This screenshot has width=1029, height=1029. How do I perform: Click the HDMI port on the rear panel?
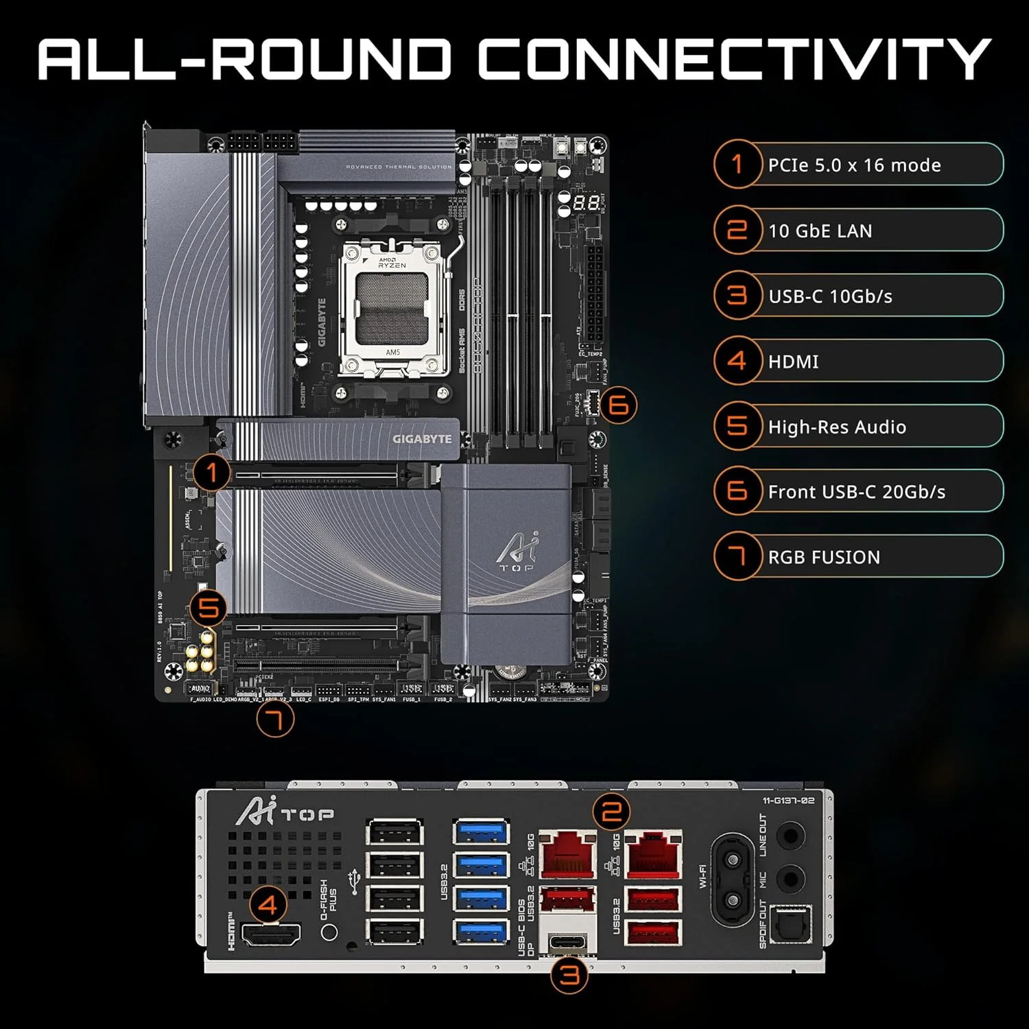(x=272, y=934)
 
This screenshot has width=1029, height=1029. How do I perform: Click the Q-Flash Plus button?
(x=329, y=932)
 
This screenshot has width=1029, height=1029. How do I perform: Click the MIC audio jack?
(x=790, y=877)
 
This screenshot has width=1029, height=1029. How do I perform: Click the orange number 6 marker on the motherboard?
(x=618, y=405)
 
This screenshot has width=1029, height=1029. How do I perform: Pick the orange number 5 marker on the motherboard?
(x=209, y=608)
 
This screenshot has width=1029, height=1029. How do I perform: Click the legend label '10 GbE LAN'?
(x=820, y=231)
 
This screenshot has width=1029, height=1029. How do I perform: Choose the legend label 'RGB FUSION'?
(x=824, y=557)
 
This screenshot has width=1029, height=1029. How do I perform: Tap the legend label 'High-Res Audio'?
(x=837, y=427)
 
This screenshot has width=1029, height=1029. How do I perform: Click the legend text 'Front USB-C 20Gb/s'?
(x=856, y=492)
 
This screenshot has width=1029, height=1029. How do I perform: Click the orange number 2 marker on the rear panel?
(x=611, y=812)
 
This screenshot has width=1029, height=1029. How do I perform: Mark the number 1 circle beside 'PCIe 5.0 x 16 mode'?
(x=737, y=165)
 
